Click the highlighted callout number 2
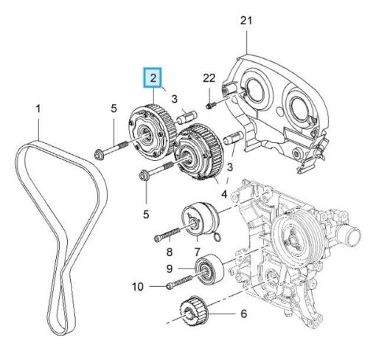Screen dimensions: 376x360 [x=153, y=78]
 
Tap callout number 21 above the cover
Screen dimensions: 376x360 [x=246, y=21]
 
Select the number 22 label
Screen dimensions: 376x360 [x=209, y=78]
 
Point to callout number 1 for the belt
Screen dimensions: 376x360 [x=38, y=108]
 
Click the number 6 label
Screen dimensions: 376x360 [x=243, y=314]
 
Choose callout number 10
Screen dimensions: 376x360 [x=138, y=286]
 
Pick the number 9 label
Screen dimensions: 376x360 [x=170, y=269]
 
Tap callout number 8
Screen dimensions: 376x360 [x=170, y=252]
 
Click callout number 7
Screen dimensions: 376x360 [x=198, y=252]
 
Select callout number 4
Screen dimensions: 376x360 [x=224, y=195]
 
